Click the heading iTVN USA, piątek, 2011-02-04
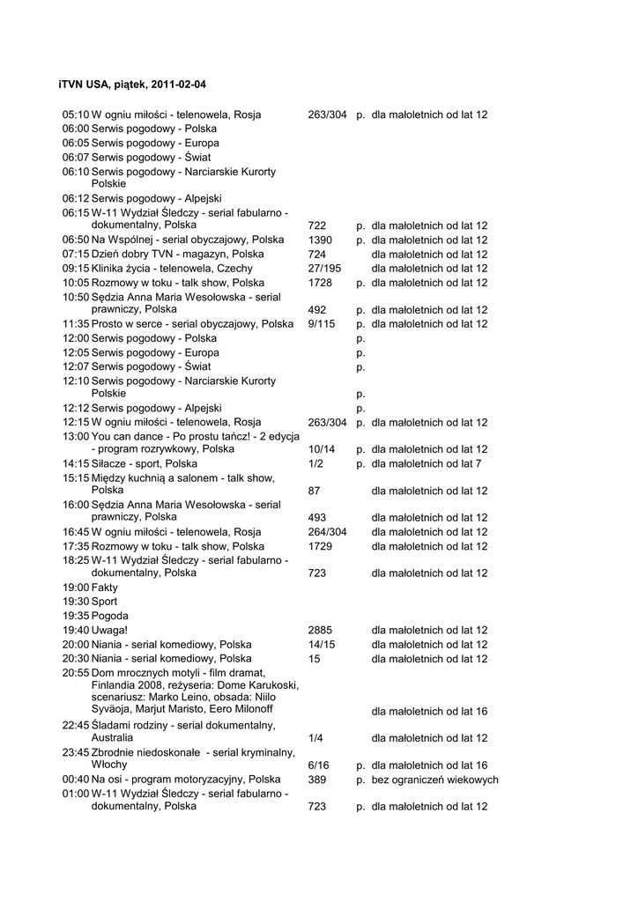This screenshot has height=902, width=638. (133, 85)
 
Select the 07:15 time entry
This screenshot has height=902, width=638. (76, 254)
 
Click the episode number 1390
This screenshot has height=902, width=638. (320, 240)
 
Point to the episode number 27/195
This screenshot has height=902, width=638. (324, 268)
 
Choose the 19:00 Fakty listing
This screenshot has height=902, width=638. (90, 587)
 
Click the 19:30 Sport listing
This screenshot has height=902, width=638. (90, 601)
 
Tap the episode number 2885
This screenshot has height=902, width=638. (320, 630)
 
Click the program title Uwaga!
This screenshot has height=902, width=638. (110, 630)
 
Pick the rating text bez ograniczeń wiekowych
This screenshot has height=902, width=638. (434, 780)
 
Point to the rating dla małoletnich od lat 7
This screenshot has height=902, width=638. (427, 463)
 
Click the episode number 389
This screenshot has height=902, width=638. (317, 780)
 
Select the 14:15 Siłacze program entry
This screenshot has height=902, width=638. (145, 463)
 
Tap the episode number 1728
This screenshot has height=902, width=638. (320, 283)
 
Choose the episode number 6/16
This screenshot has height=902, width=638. (319, 765)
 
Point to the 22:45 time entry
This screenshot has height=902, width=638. (76, 725)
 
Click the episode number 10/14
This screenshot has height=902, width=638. (322, 448)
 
